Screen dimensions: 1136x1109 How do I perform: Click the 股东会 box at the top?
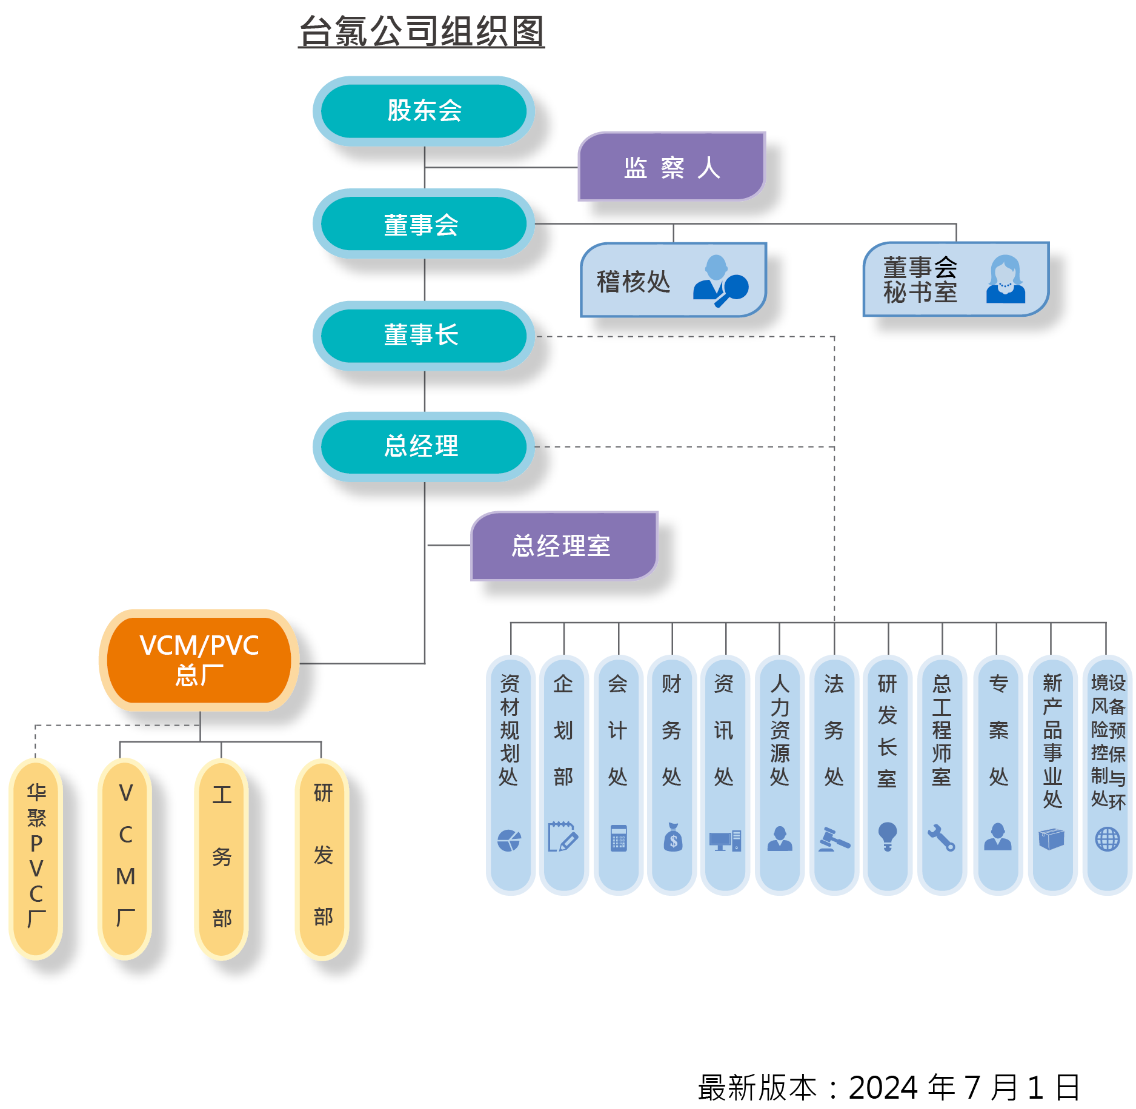point(424,111)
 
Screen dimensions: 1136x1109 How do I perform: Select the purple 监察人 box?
point(672,167)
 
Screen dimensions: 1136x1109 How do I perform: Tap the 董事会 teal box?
point(424,223)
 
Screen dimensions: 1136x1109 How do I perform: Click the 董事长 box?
point(424,336)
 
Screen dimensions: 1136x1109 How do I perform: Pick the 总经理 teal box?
point(424,447)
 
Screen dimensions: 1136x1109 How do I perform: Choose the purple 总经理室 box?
point(564,546)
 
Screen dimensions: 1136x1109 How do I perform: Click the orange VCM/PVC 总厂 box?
point(199,660)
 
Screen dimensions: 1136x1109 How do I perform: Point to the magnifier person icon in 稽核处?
point(720,280)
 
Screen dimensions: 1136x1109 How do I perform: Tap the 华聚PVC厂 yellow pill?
point(36,859)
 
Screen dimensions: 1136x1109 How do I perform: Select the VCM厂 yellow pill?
point(125,859)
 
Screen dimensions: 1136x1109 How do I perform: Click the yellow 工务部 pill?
point(222,859)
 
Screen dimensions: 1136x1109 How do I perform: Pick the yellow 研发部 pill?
point(322,859)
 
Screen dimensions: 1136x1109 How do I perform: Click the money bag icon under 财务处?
point(673,837)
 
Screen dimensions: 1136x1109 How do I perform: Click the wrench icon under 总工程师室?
point(942,838)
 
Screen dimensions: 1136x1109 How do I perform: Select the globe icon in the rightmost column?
point(1107,839)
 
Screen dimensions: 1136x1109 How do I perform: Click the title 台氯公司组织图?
point(422,31)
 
